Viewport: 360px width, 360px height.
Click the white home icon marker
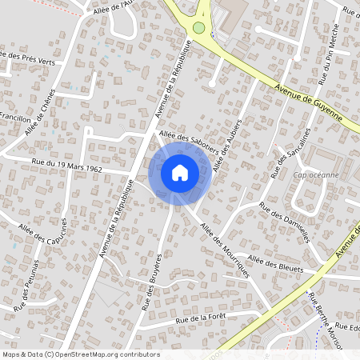pyautogui.click(x=180, y=172)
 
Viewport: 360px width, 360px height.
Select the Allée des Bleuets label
pyautogui.click(x=276, y=264)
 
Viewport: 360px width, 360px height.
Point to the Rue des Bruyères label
pyautogui.click(x=153, y=281)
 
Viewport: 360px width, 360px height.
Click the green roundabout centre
pyautogui.click(x=198, y=29)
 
